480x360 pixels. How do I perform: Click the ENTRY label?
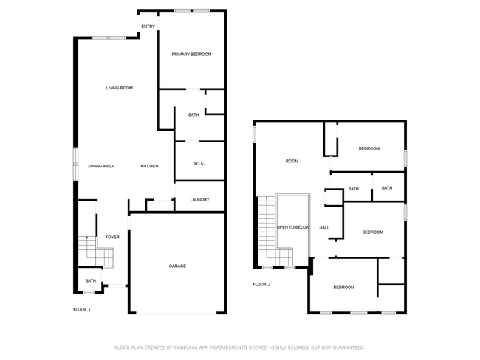pos(148,27)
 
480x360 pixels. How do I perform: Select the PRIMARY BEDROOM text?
pos(191,55)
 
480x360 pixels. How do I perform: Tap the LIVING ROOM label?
pos(118,88)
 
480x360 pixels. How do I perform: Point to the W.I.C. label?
pos(199,163)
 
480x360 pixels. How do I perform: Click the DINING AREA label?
pos(100,166)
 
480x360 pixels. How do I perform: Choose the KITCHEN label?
pos(149,166)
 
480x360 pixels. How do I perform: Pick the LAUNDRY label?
pos(199,199)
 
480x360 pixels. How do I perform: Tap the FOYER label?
pos(112,237)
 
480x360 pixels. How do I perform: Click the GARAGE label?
pos(177,266)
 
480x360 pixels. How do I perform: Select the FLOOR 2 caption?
pos(261,284)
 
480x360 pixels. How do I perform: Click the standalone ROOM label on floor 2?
pos(292,161)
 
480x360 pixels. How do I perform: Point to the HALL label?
pos(324,228)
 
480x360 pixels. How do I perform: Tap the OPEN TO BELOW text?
pos(293,227)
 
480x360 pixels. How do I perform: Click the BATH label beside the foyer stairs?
pos(90,280)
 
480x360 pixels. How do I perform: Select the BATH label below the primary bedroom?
pos(193,114)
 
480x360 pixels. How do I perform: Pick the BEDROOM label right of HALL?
pos(372,232)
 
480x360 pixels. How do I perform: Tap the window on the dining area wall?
pos(75,163)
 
